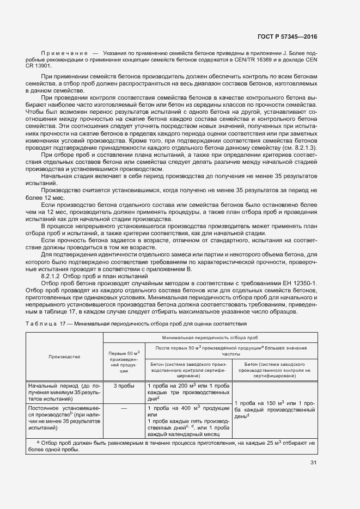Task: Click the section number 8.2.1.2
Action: click(54, 277)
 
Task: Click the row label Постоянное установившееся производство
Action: click(64, 417)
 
